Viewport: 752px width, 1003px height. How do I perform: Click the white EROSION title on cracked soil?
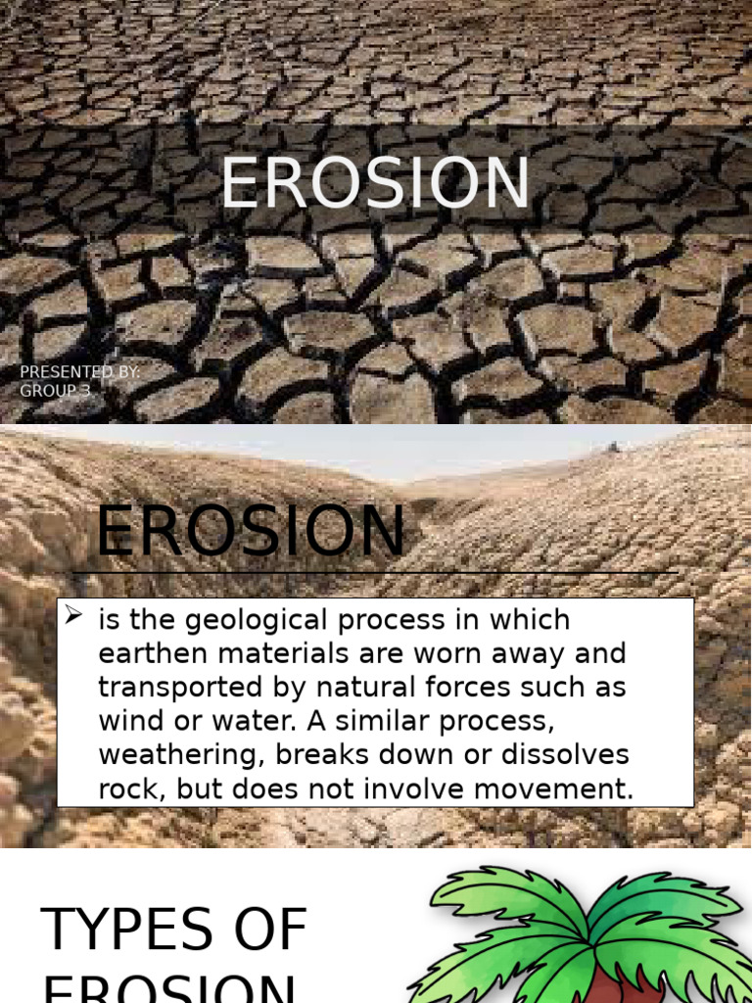tap(375, 183)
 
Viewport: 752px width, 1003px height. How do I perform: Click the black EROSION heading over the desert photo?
tap(250, 533)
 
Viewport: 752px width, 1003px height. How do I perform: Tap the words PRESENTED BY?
tap(80, 372)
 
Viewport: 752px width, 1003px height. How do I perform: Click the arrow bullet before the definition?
tap(73, 616)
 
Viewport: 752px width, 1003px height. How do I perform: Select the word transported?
tap(165, 688)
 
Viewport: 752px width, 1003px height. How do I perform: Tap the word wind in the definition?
tap(127, 721)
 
